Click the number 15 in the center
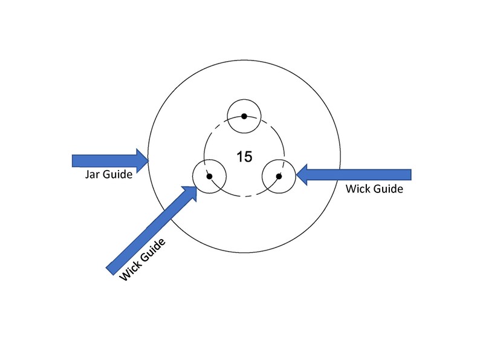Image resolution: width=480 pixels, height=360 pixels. click(244, 157)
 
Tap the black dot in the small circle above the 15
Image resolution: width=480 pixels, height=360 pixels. click(244, 116)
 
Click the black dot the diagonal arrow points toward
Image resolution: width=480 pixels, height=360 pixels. click(209, 177)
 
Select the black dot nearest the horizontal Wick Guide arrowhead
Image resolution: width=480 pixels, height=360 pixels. click(279, 177)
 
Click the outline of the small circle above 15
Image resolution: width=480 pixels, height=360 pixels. click(244, 100)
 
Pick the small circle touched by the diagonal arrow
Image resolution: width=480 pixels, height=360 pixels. click(209, 160)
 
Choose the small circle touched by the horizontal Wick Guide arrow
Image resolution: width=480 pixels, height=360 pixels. click(279, 160)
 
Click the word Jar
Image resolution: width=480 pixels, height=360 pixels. click(92, 174)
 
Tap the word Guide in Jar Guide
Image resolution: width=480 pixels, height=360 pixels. click(117, 174)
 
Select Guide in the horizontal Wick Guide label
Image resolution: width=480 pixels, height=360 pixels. click(388, 189)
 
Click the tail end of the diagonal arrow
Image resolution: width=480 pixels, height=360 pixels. click(110, 271)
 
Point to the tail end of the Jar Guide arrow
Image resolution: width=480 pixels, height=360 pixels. click(73, 161)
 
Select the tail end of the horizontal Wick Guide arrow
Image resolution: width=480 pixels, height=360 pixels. click(411, 175)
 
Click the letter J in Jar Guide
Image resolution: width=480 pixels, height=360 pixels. click(87, 175)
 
